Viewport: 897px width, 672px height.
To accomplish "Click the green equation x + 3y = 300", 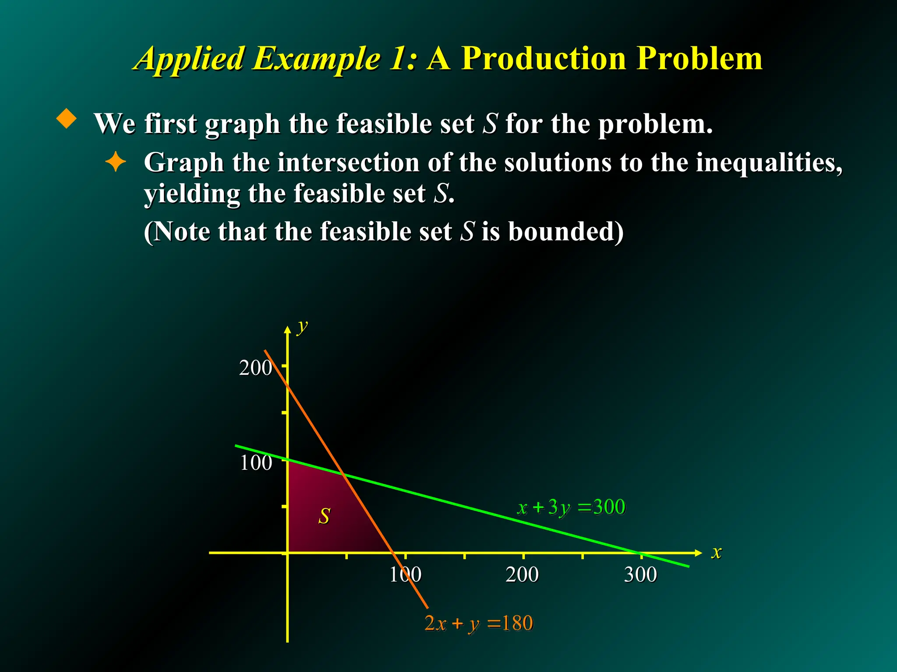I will [x=571, y=507].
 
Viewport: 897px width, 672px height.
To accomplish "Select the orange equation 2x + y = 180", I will [x=479, y=623].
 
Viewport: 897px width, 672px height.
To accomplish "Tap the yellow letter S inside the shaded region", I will [x=324, y=516].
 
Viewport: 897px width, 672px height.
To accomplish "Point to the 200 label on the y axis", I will [x=255, y=368].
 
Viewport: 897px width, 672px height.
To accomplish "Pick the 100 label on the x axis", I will [x=405, y=574].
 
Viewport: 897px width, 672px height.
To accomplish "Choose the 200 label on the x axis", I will [x=522, y=574].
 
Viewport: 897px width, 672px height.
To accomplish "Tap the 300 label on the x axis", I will [x=640, y=574].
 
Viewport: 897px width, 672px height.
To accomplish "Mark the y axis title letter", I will [x=302, y=326].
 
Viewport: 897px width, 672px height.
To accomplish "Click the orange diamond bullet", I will [x=67, y=119].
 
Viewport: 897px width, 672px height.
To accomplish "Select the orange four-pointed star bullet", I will [x=116, y=162].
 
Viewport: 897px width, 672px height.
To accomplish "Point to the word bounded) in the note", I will [x=565, y=231].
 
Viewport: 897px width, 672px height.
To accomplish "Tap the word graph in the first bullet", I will [x=242, y=125].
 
